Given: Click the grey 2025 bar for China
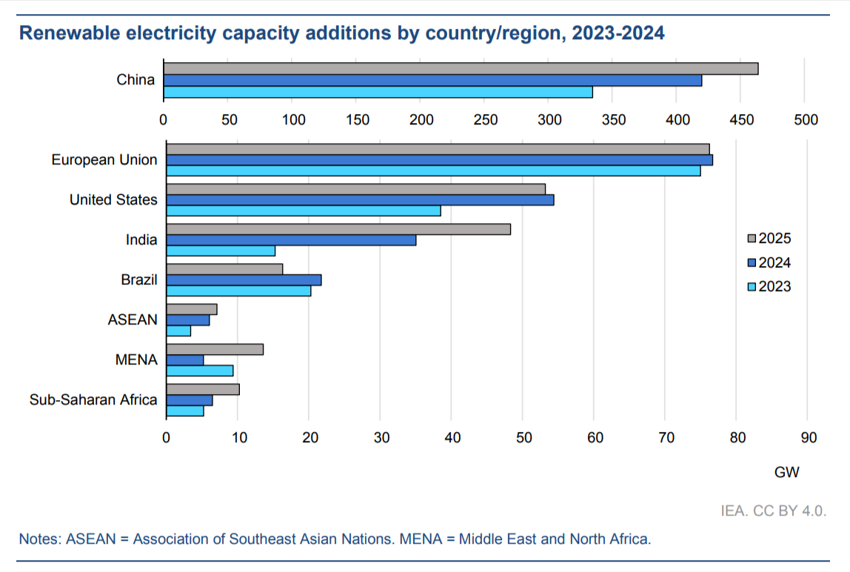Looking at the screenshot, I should point(461,69).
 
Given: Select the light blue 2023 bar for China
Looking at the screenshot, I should point(378,92).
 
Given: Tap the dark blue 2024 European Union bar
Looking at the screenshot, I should point(439,160).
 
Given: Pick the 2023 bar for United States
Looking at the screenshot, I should point(304,210).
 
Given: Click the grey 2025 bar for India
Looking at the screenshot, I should point(338,229).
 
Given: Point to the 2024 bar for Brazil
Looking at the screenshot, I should point(244,280).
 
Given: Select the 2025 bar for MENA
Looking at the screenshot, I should point(215,350).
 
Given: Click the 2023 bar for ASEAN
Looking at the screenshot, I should point(178,330).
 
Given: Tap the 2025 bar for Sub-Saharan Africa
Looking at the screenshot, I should point(203,390).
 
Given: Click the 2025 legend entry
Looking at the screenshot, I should point(769,239).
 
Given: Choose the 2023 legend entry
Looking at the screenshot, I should point(769,287).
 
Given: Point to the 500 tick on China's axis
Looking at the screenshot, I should point(805,120).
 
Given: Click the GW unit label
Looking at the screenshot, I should point(787,472).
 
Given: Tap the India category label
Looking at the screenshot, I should point(141,240).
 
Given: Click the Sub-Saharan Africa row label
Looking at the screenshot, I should point(93,400).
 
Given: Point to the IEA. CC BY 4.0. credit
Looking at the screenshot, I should point(773,511).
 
